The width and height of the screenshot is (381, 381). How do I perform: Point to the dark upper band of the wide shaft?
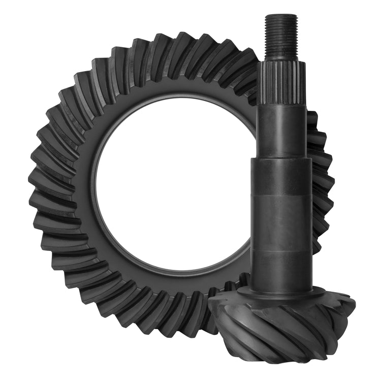click(281, 175)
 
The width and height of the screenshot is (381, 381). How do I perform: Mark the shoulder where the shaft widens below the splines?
click(281, 158)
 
